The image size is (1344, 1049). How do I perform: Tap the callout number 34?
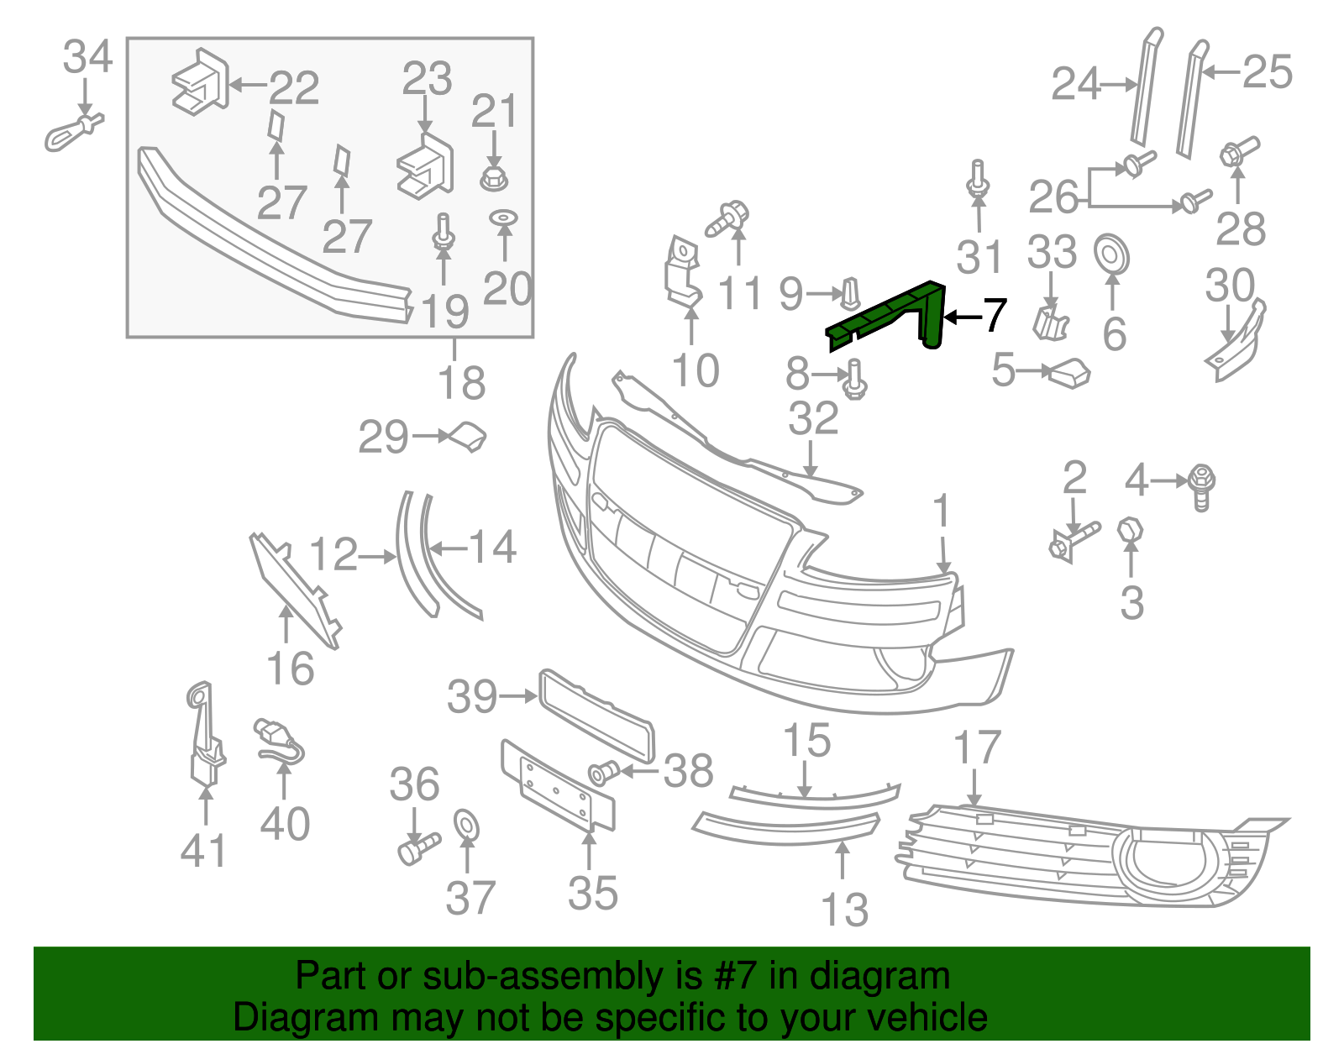(87, 58)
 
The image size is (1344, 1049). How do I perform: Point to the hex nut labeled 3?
(1131, 531)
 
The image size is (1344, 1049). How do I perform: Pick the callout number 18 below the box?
(462, 383)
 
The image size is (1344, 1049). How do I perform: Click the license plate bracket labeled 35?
(559, 789)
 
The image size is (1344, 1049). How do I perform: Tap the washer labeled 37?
(465, 825)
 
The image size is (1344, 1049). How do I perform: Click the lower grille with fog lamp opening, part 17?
(1084, 857)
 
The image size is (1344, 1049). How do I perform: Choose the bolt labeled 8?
(855, 380)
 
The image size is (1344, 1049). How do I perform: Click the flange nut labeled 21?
(495, 178)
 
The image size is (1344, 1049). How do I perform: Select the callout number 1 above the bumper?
(942, 511)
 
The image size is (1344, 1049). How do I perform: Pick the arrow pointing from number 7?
(961, 317)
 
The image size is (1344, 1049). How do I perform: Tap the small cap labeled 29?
(469, 437)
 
